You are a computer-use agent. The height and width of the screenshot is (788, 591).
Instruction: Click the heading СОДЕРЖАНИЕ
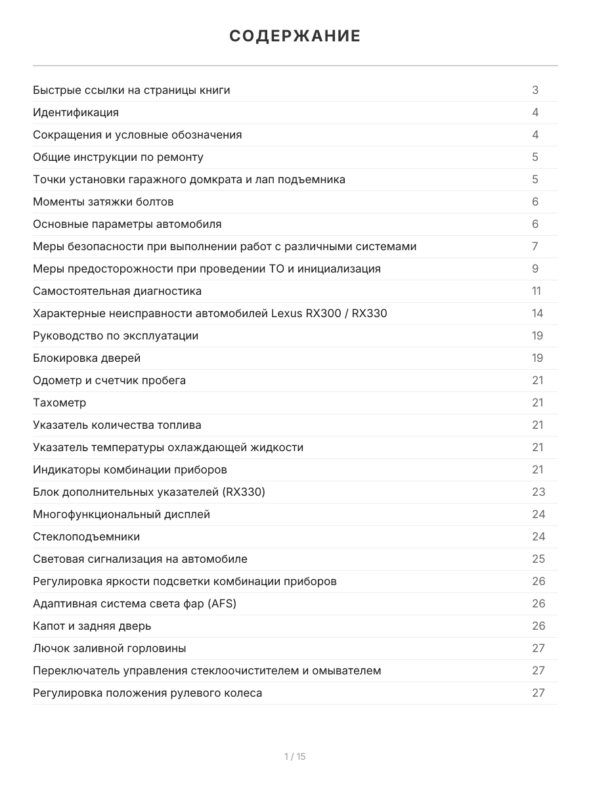(x=295, y=36)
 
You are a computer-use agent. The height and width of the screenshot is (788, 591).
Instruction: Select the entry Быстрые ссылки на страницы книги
(x=131, y=90)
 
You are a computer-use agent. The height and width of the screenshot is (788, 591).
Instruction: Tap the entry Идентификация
(x=76, y=112)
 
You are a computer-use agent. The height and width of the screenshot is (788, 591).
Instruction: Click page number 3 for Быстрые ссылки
(x=535, y=90)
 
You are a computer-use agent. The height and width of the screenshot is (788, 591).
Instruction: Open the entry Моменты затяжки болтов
(x=103, y=202)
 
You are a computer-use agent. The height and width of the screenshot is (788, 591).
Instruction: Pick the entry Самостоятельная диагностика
(x=118, y=291)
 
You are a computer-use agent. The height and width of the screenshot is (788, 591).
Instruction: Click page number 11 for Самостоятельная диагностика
(x=536, y=291)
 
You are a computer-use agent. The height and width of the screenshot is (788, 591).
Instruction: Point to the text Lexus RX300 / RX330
(x=329, y=313)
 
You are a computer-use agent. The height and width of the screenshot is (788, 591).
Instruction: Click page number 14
(x=537, y=313)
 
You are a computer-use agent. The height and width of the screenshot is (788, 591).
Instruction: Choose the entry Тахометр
(x=60, y=403)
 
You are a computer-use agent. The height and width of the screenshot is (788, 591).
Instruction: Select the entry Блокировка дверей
(x=87, y=358)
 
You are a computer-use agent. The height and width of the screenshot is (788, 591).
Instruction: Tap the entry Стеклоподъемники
(x=87, y=536)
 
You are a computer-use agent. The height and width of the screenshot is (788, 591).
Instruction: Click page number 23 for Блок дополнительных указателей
(x=538, y=492)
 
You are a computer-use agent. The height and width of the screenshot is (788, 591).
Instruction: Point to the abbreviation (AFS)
(x=221, y=603)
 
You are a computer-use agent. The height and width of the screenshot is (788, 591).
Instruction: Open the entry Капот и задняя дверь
(x=92, y=626)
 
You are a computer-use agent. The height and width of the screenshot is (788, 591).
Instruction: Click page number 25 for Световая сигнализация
(x=538, y=559)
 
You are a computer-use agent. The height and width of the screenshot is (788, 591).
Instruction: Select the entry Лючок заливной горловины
(x=110, y=648)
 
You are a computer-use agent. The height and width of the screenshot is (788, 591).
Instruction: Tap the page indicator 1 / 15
(x=295, y=756)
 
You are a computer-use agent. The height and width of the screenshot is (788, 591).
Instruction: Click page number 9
(x=535, y=269)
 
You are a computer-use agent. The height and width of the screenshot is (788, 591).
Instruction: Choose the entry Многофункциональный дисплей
(x=121, y=514)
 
